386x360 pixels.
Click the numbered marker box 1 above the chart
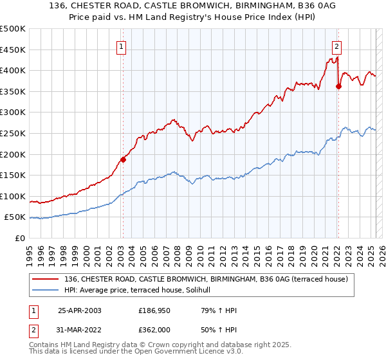click(122, 45)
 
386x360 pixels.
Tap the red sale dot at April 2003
click(123, 159)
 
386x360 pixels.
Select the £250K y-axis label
click(13, 133)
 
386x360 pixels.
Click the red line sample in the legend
click(46, 278)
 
